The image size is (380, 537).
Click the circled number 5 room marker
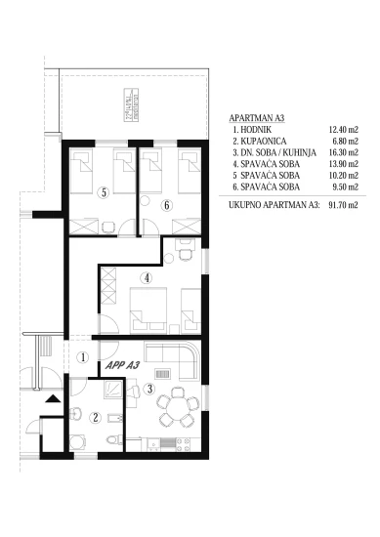click(x=103, y=192)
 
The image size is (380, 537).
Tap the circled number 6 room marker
click(x=166, y=204)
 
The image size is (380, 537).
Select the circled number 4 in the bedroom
click(x=146, y=277)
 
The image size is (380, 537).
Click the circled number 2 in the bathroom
click(x=95, y=417)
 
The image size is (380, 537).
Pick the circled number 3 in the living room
click(x=148, y=390)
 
